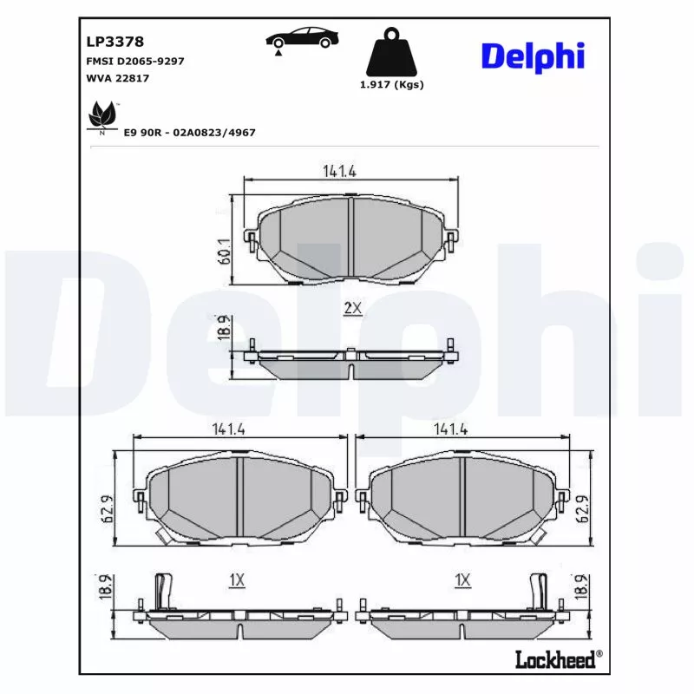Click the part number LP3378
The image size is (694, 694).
pyautogui.click(x=115, y=41)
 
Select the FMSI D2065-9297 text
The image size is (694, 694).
pyautogui.click(x=134, y=62)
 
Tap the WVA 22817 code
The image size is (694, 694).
pyautogui.click(x=119, y=79)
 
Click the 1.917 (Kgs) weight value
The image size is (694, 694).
pyautogui.click(x=391, y=85)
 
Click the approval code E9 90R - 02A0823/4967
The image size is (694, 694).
pyautogui.click(x=190, y=132)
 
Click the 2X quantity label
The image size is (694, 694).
pyautogui.click(x=352, y=309)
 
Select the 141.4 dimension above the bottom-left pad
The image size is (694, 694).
pyautogui.click(x=227, y=429)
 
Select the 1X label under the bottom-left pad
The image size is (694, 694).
pyautogui.click(x=237, y=579)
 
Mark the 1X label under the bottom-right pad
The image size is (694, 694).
pyautogui.click(x=462, y=579)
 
